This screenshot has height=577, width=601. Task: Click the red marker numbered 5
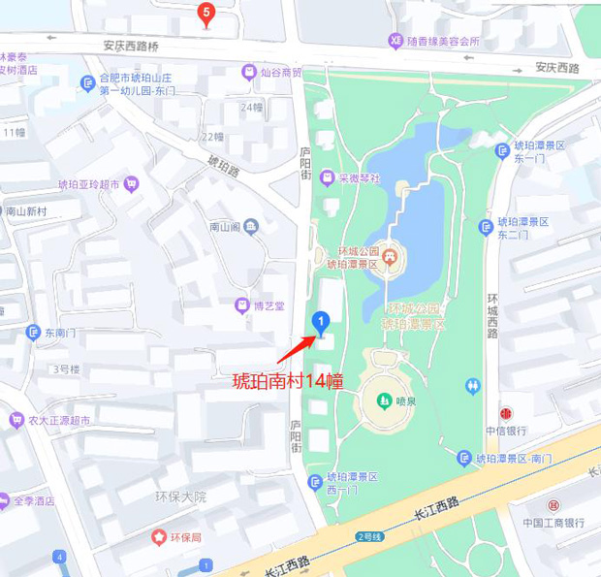205,14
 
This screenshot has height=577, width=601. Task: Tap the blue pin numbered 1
320,321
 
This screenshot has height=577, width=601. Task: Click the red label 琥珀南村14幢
288,381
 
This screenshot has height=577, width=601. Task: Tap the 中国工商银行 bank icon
553,506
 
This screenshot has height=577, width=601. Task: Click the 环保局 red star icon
158,536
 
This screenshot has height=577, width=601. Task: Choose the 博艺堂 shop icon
241,305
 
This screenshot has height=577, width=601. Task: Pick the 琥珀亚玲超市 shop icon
132,183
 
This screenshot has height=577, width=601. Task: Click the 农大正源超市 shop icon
16,420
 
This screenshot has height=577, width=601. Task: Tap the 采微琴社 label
360,178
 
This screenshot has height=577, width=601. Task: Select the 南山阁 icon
252,227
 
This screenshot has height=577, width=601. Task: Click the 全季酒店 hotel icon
4,501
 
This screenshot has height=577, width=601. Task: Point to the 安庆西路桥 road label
130,45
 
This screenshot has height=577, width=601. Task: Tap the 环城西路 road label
492,315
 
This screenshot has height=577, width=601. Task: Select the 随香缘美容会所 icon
395,41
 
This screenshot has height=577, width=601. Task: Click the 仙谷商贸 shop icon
249,72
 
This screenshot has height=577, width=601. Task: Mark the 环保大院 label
180,497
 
